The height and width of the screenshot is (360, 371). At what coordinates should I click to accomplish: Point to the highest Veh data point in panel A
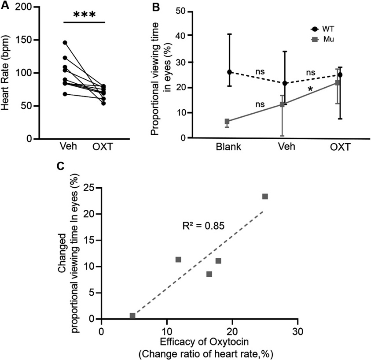click(65, 42)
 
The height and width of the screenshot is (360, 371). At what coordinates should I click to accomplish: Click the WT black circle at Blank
click(229, 72)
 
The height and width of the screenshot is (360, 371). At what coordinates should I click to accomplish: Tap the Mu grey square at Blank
click(227, 121)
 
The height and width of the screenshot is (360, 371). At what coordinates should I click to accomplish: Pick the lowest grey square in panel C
click(132, 315)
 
